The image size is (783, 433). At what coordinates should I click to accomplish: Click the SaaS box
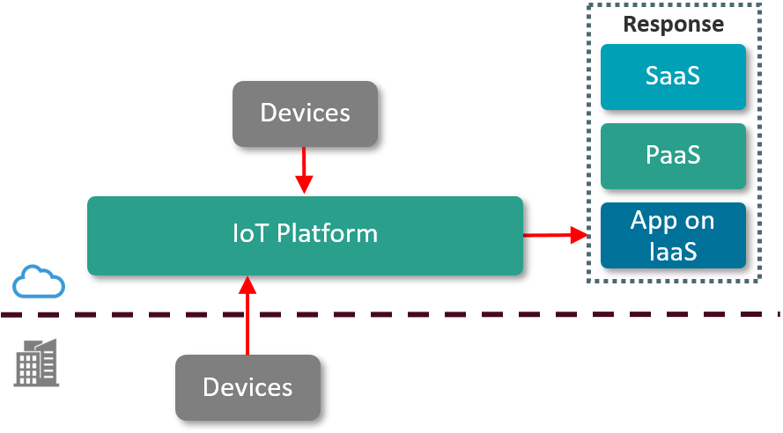pyautogui.click(x=673, y=76)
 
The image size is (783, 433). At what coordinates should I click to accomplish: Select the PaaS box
pyautogui.click(x=673, y=156)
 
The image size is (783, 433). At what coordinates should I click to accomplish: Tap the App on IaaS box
pyautogui.click(x=673, y=235)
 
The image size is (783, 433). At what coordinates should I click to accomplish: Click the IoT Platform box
pyautogui.click(x=305, y=235)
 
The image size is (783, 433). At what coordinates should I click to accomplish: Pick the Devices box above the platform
pyautogui.click(x=305, y=114)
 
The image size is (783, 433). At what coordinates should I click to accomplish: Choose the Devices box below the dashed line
pyautogui.click(x=247, y=387)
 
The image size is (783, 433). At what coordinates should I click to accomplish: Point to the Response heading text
pyautogui.click(x=673, y=24)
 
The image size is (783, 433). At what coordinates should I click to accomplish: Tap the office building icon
pyautogui.click(x=37, y=362)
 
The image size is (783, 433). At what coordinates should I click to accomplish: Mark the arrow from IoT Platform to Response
pyautogui.click(x=555, y=235)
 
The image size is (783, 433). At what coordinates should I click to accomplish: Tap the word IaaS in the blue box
pyautogui.click(x=673, y=251)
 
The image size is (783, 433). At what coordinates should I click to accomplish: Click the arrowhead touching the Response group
pyautogui.click(x=579, y=235)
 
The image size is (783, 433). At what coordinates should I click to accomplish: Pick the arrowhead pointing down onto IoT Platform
pyautogui.click(x=304, y=185)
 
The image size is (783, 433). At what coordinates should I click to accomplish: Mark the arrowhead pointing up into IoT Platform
pyautogui.click(x=247, y=285)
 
